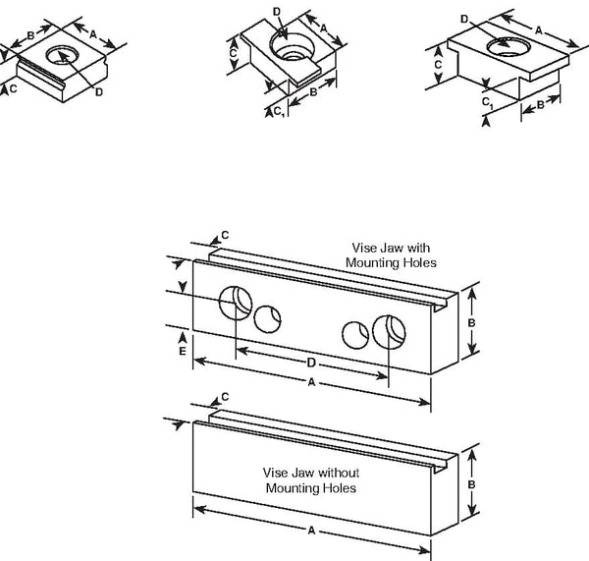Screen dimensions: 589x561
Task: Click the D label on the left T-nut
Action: click(x=99, y=91)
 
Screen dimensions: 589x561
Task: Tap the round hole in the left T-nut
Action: click(x=63, y=56)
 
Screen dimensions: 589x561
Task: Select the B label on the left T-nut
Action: click(x=30, y=35)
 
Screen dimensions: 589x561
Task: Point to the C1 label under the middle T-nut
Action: click(x=280, y=111)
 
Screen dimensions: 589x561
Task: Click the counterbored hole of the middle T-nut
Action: click(x=292, y=46)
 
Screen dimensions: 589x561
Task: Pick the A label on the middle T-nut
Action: click(x=324, y=28)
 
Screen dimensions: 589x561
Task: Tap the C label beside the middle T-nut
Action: click(x=234, y=53)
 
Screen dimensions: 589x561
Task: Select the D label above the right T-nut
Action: click(x=464, y=19)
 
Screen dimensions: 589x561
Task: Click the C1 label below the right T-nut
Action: click(x=487, y=102)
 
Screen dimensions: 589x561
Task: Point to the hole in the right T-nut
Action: click(x=509, y=46)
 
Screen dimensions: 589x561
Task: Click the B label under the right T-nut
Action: click(x=541, y=105)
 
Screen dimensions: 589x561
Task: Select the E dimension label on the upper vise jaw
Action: click(x=183, y=351)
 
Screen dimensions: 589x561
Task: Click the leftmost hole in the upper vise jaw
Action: click(x=236, y=303)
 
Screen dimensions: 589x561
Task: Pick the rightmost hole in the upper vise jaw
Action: click(x=389, y=332)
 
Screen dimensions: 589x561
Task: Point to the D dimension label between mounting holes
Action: click(x=311, y=363)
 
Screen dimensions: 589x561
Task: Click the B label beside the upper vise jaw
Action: click(x=471, y=323)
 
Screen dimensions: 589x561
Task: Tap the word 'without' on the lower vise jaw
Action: click(x=335, y=473)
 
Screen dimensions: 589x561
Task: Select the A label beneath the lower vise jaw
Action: click(x=311, y=531)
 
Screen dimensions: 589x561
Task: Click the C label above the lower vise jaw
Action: click(x=225, y=397)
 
